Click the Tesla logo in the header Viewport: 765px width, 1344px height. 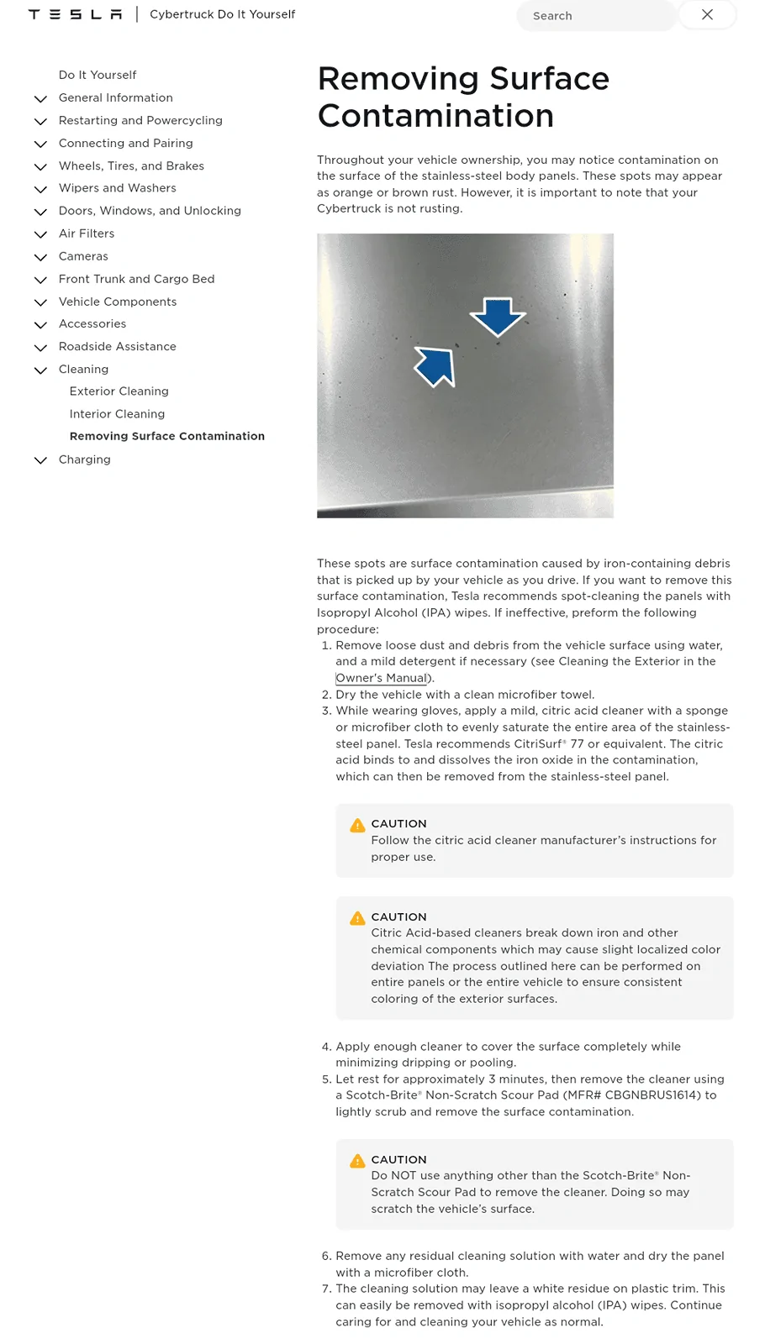75,14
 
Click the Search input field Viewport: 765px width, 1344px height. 595,15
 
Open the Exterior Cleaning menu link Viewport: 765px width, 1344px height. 119,391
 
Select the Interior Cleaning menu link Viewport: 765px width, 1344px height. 117,414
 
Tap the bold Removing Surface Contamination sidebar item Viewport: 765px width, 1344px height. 166,436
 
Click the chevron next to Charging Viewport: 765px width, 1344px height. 40,460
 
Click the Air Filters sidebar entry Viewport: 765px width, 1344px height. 86,234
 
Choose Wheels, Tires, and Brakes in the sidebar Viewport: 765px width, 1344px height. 131,166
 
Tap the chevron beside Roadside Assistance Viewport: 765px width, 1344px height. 40,347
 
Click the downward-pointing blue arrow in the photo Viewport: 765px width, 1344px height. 498,315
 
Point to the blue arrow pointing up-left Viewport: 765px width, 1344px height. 436,366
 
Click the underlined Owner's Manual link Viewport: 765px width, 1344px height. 382,678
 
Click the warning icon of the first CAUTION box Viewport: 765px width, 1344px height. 357,825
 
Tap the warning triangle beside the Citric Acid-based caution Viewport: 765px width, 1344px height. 357,918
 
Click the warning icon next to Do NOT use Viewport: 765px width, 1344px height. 357,1161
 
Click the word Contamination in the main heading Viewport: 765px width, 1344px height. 435,116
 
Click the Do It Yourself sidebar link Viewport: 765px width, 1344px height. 98,75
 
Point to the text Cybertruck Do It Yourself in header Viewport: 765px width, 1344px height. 222,14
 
